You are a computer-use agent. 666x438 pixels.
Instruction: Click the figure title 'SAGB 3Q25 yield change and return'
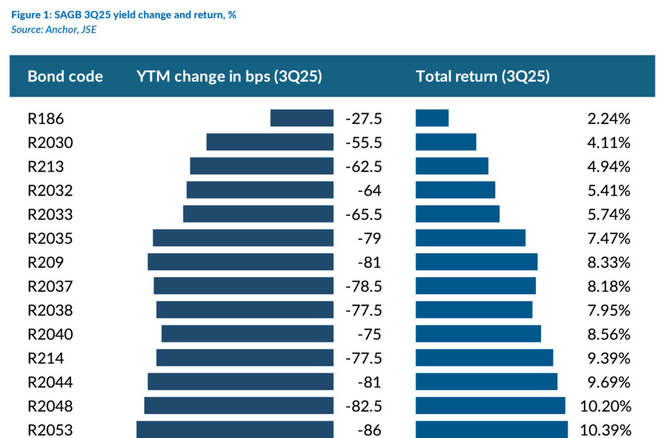[x=124, y=15]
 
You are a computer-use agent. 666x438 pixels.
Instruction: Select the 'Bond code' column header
[x=65, y=76]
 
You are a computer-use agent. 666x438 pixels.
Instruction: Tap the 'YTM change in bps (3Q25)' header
[x=230, y=76]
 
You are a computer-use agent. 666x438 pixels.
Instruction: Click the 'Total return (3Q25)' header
[x=483, y=76]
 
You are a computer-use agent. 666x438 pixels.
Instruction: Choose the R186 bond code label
[x=46, y=118]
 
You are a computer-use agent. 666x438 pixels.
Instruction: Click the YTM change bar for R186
[x=302, y=118]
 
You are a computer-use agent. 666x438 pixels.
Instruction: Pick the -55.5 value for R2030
[x=364, y=142]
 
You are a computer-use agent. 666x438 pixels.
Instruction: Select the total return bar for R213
[x=452, y=166]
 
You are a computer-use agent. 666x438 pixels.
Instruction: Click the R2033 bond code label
[x=50, y=214]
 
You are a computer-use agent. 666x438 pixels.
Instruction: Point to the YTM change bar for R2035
[x=243, y=238]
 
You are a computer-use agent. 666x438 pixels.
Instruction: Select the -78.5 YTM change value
[x=364, y=287]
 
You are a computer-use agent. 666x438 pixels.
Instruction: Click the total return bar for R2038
[x=474, y=310]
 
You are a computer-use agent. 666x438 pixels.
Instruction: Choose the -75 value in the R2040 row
[x=369, y=334]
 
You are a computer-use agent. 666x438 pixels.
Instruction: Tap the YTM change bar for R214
[x=245, y=358]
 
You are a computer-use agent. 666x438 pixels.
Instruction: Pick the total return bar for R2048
[x=490, y=406]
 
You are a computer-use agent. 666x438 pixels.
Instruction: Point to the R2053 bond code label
[x=50, y=430]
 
